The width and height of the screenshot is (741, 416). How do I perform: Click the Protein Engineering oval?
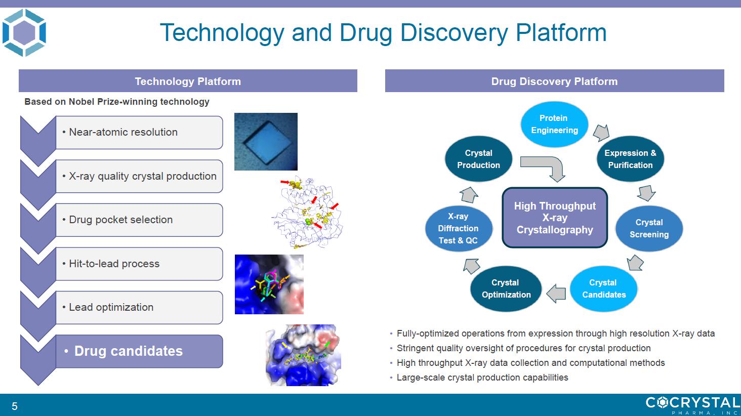[554, 124]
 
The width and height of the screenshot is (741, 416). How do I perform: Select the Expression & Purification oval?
[630, 159]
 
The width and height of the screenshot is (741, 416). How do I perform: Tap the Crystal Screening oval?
[649, 229]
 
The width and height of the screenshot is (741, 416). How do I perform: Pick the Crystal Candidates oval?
[604, 288]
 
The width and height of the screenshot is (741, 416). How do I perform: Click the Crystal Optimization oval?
[506, 288]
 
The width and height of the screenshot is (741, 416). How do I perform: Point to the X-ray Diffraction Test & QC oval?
[459, 229]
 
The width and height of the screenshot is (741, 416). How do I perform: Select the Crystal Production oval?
[478, 159]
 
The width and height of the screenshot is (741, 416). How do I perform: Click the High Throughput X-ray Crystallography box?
[555, 218]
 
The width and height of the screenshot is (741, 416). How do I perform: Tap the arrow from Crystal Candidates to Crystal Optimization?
[556, 294]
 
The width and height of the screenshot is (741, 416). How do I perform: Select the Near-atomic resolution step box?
[139, 132]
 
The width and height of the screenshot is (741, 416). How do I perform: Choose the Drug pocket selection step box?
[139, 220]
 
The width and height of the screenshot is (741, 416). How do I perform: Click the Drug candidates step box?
[139, 351]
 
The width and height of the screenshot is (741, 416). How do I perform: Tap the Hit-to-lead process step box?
[139, 264]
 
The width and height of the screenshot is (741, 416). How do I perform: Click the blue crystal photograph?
[266, 142]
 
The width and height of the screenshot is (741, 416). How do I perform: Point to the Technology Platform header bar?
[188, 80]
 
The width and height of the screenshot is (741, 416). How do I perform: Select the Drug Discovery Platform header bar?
[554, 80]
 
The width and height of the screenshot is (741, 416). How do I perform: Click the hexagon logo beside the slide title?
[24, 33]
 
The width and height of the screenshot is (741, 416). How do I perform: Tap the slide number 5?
[15, 406]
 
